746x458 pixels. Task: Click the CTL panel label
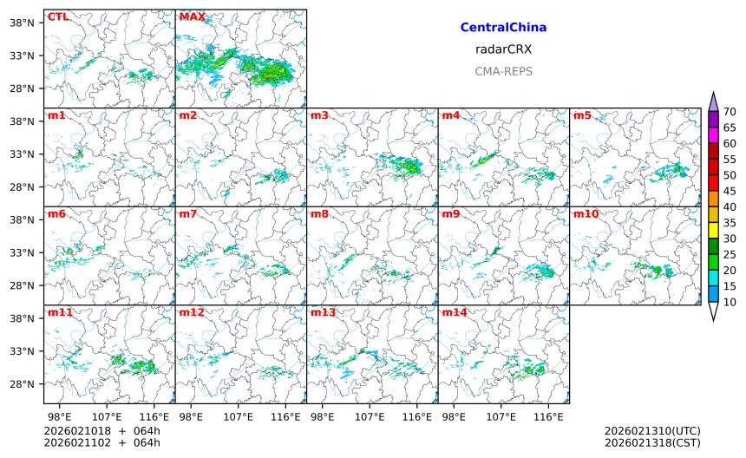click(x=58, y=16)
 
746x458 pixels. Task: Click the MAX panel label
click(x=192, y=16)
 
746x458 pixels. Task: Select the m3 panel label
click(x=319, y=115)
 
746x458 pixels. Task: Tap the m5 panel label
click(x=582, y=115)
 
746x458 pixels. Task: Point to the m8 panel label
click(x=319, y=213)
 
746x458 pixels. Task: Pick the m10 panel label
click(x=586, y=213)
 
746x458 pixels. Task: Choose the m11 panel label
click(x=60, y=311)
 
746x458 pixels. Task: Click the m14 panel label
click(x=455, y=311)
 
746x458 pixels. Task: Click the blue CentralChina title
click(x=503, y=28)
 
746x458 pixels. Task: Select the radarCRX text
click(x=503, y=49)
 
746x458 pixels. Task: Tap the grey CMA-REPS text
click(x=503, y=71)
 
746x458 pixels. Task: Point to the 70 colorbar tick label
click(x=730, y=111)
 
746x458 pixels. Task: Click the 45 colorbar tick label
click(x=730, y=191)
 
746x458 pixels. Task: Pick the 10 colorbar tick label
click(x=730, y=302)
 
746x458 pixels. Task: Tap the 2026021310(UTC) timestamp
click(x=651, y=431)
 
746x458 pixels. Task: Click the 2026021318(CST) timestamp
click(x=651, y=442)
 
